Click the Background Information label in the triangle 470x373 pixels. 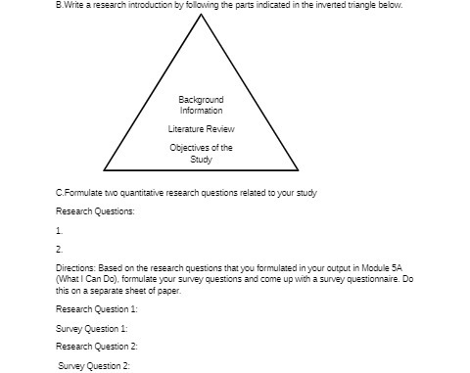(x=201, y=105)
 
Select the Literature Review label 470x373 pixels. (x=201, y=129)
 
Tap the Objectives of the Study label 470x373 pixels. (x=201, y=153)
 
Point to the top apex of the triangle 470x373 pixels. (x=202, y=17)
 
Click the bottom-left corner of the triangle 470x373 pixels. (x=105, y=170)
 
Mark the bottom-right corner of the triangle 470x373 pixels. (x=299, y=170)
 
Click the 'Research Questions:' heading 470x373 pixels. (x=95, y=211)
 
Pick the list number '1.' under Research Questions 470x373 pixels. (x=59, y=231)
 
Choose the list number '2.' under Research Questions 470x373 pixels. (x=59, y=249)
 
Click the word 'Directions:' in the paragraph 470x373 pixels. (x=74, y=266)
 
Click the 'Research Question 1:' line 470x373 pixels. (x=96, y=309)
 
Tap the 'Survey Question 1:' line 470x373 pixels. (x=92, y=328)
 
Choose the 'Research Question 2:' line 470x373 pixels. (x=96, y=347)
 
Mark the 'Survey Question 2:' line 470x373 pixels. (x=94, y=365)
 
